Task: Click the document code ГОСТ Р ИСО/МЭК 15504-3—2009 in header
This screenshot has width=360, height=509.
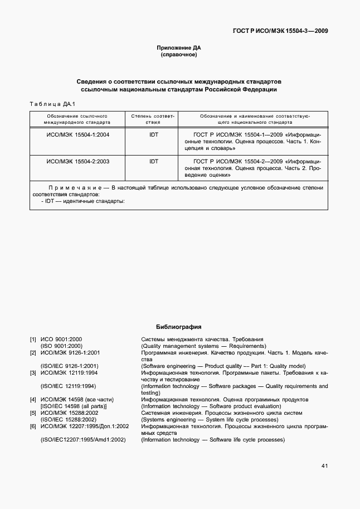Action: point(280,31)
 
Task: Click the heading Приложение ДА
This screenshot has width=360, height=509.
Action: point(179,48)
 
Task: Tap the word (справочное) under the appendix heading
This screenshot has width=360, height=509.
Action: point(179,55)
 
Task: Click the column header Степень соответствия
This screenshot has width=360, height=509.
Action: point(153,118)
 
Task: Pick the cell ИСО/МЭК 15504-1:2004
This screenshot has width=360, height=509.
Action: point(77,134)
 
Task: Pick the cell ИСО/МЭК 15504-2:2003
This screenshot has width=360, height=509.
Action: point(77,161)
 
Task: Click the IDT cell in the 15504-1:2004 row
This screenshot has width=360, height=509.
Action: point(153,134)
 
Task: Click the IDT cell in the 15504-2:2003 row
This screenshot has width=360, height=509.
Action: point(153,161)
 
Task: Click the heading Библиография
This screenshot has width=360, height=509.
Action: point(178,327)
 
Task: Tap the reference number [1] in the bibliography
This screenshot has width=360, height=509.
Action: point(33,339)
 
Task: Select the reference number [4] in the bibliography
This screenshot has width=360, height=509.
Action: point(33,399)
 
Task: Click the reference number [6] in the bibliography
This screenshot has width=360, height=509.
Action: point(33,426)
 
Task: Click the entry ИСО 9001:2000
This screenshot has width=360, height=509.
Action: point(61,339)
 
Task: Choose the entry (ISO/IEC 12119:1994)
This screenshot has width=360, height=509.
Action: point(68,386)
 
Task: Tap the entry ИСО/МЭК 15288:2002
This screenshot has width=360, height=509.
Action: point(69,413)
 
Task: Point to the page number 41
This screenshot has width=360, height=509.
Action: point(324,466)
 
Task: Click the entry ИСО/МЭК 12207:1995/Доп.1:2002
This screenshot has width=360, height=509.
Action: point(85,426)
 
